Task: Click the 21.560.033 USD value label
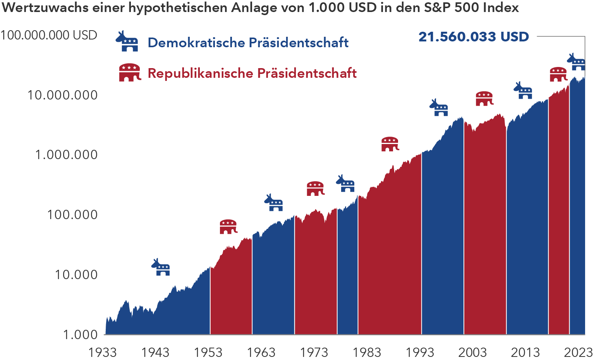(473, 37)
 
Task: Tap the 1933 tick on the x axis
(102, 352)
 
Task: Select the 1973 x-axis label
(314, 352)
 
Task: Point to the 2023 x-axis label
(578, 352)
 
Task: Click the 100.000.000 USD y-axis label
(48, 35)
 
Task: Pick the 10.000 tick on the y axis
(76, 275)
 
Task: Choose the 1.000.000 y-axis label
(66, 155)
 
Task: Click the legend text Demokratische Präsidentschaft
(248, 43)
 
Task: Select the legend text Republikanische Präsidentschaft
(252, 73)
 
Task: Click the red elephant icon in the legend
(129, 72)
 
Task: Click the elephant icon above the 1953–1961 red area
(228, 227)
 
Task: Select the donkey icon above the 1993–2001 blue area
(439, 108)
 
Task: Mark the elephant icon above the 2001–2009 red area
(484, 99)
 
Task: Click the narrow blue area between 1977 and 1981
(347, 271)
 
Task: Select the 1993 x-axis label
(420, 352)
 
